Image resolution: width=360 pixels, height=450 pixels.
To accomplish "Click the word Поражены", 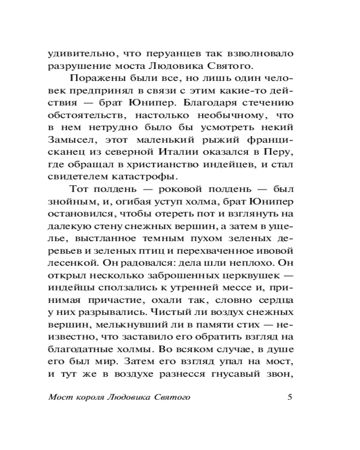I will coord(94,77).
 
